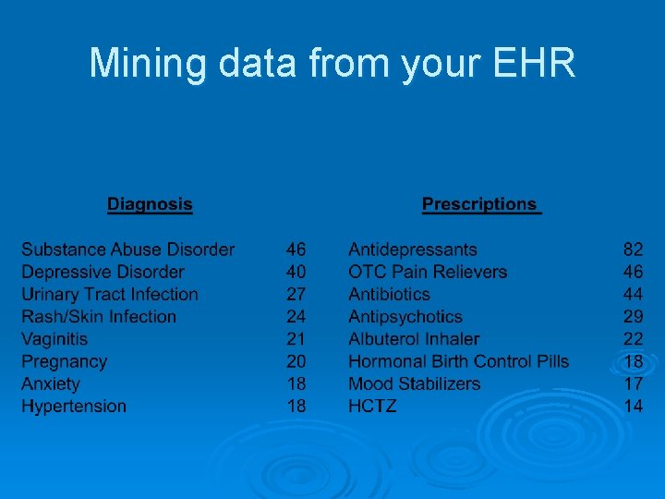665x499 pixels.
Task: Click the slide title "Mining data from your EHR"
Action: pyautogui.click(x=332, y=63)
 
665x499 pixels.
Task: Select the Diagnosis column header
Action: pyautogui.click(x=150, y=204)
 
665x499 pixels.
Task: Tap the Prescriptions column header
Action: pyautogui.click(x=479, y=204)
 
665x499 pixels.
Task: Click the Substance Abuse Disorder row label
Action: pyautogui.click(x=127, y=249)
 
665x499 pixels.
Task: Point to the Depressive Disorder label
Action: pyautogui.click(x=103, y=272)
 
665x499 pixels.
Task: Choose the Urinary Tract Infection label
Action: pyautogui.click(x=110, y=294)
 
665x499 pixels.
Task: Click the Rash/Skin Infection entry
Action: pyautogui.click(x=99, y=316)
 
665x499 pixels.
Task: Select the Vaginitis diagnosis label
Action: pyautogui.click(x=54, y=339)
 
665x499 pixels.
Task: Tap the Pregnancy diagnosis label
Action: pyautogui.click(x=64, y=361)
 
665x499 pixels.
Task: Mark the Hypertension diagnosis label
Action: pyautogui.click(x=74, y=406)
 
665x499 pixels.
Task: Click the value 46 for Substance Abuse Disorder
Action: pyautogui.click(x=296, y=249)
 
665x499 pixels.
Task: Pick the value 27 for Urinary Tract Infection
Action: pyautogui.click(x=296, y=294)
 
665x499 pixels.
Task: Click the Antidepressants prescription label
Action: pyautogui.click(x=413, y=249)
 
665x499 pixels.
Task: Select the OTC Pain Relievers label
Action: pyautogui.click(x=428, y=272)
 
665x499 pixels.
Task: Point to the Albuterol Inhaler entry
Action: pyautogui.click(x=414, y=339)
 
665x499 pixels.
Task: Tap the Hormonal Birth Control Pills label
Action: pyautogui.click(x=458, y=361)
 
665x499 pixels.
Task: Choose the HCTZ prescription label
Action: pyautogui.click(x=372, y=406)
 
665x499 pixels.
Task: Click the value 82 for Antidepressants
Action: pyautogui.click(x=633, y=249)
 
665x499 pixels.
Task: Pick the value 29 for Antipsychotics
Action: pyautogui.click(x=633, y=316)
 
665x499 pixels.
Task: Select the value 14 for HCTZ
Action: pyautogui.click(x=633, y=406)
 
